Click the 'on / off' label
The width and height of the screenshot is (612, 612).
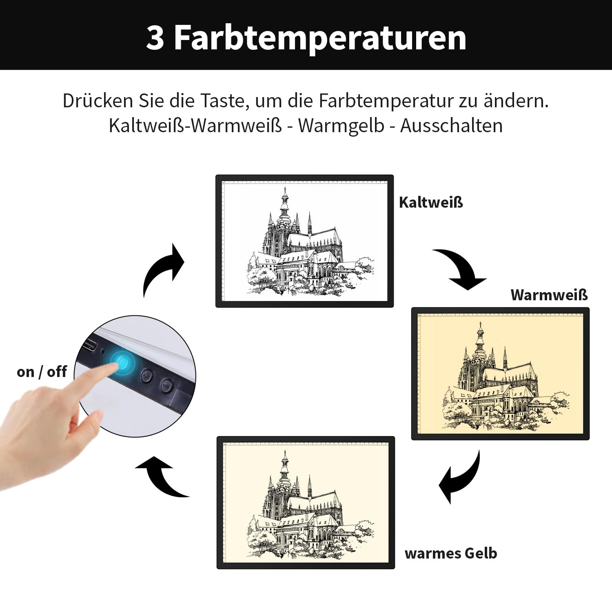click(42, 372)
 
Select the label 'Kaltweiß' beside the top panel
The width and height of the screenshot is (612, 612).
click(431, 202)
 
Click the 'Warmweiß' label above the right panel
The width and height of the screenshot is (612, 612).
click(549, 295)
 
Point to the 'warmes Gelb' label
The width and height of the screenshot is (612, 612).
click(451, 553)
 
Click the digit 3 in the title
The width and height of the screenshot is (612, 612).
click(155, 38)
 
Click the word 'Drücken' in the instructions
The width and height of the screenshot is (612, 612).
click(98, 101)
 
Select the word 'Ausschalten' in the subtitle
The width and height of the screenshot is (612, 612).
click(451, 126)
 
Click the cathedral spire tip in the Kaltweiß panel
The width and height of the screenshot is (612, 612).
click(284, 188)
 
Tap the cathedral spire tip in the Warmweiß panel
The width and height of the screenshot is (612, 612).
click(480, 322)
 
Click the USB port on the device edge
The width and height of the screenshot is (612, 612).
click(90, 346)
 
